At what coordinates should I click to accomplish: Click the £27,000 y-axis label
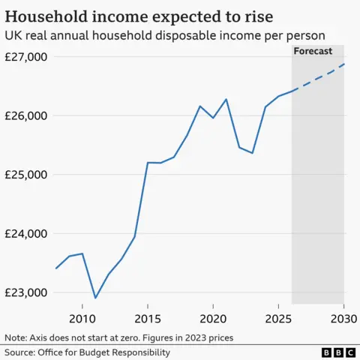coord(26,57)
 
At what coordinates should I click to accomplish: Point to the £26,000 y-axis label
coord(26,116)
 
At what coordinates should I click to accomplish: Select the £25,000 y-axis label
coord(26,175)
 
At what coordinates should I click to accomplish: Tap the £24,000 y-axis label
coord(26,234)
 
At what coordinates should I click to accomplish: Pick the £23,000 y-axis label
coord(26,292)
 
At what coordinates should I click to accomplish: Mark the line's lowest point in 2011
coord(95,298)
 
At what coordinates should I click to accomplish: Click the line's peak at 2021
coord(226,99)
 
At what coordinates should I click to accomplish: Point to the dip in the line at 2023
coord(252,153)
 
